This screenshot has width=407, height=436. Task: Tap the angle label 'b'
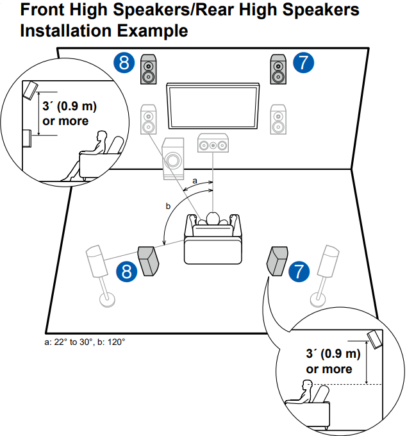tap(168, 206)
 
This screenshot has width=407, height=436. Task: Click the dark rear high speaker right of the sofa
tap(277, 260)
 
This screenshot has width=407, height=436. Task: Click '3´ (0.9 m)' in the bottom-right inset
tap(333, 355)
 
